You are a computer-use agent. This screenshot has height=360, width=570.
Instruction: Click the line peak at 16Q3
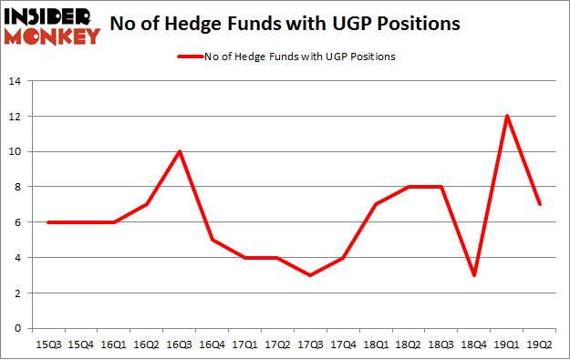(x=181, y=151)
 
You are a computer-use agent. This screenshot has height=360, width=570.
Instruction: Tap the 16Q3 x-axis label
(x=181, y=345)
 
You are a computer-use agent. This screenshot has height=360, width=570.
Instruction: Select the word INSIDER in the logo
(x=49, y=17)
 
